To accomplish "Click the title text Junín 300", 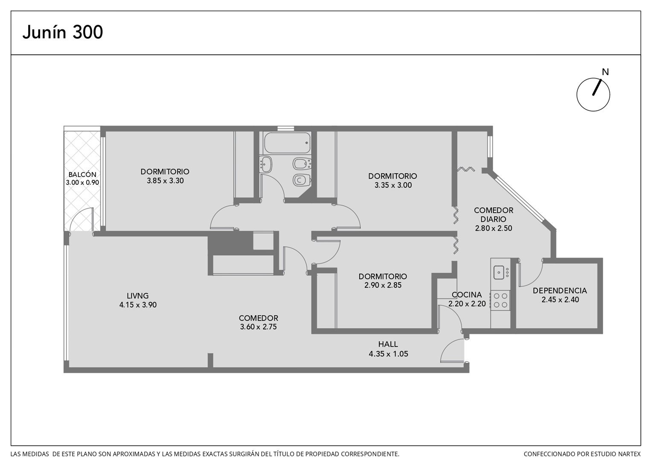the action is click(x=63, y=32).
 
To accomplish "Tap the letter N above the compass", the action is click(x=605, y=72).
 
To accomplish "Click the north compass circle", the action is click(x=593, y=94).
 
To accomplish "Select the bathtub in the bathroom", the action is click(x=287, y=143).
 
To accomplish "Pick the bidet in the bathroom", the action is click(x=303, y=164).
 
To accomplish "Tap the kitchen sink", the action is click(x=499, y=272).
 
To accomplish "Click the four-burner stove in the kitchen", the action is click(x=501, y=300).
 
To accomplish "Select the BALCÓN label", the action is click(x=82, y=175).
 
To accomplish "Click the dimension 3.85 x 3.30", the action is click(x=165, y=181).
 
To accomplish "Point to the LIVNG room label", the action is click(x=138, y=295).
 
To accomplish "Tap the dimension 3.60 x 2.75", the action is click(x=258, y=327).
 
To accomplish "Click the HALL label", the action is click(x=388, y=344).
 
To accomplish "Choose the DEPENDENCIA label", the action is click(x=560, y=290).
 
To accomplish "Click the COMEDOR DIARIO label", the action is click(x=493, y=215).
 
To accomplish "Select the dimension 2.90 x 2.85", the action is click(x=383, y=285).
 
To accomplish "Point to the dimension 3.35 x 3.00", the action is click(x=393, y=185).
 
